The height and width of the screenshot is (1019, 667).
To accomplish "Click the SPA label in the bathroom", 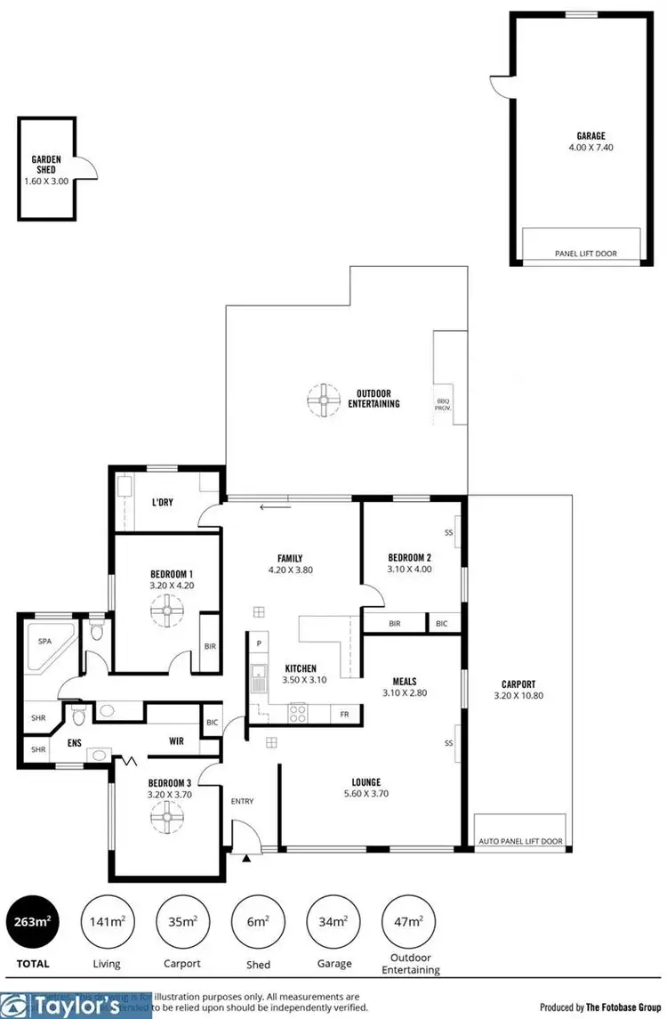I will click(43, 640).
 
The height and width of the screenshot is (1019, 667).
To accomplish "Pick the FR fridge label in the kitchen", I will click(343, 714).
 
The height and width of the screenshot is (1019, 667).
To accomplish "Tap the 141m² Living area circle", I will click(108, 921).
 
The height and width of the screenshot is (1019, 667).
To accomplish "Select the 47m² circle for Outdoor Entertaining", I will click(409, 921).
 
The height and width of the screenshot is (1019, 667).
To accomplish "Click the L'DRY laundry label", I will click(162, 502).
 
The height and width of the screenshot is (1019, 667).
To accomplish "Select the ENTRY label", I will click(242, 801).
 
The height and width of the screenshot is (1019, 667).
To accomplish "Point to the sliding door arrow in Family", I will click(274, 508).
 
